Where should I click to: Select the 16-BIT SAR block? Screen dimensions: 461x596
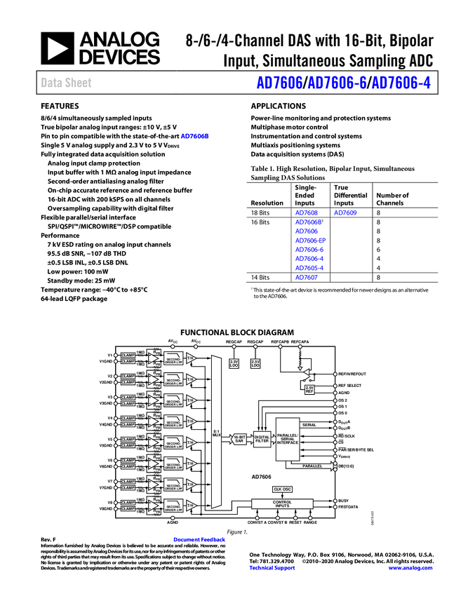coord(239,439)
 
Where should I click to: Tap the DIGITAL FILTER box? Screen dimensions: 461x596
coord(262,439)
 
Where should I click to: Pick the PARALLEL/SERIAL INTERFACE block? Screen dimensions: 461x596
coord(288,439)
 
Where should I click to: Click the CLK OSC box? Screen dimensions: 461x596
coord(282,489)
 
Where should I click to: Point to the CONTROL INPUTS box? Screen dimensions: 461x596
coord(282,503)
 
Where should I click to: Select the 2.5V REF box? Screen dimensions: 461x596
coord(309,389)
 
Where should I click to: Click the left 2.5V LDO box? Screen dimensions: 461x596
coord(234,364)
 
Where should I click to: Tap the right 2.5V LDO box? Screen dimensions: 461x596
coord(255,364)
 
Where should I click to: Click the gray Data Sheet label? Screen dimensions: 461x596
coord(66,83)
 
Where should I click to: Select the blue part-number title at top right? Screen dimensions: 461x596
coord(343,83)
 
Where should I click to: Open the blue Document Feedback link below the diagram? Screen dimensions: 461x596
coord(200,540)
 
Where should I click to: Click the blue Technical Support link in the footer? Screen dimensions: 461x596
coord(272,568)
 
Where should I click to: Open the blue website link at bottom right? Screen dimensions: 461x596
coord(410,568)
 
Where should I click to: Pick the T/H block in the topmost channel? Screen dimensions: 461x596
coord(190,358)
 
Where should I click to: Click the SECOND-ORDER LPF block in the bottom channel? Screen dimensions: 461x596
coord(173,506)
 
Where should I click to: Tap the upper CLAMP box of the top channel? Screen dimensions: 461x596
coord(128,355)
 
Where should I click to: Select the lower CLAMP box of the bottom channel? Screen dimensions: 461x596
coord(128,508)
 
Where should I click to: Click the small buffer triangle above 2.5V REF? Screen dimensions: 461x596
coord(305,372)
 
